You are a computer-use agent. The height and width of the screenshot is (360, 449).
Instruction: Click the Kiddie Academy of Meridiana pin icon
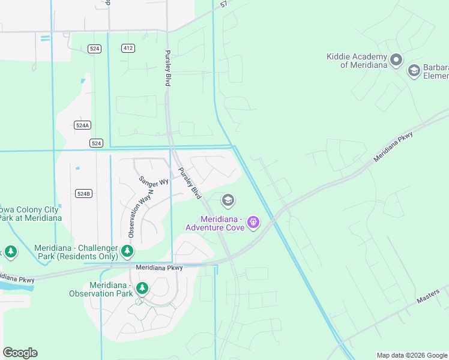point(396,59)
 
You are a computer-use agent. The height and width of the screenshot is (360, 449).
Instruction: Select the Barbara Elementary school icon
point(414,71)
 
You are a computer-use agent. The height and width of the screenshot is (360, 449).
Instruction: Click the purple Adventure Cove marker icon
point(253,223)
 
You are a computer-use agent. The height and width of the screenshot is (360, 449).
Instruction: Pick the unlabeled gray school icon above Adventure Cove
point(228,200)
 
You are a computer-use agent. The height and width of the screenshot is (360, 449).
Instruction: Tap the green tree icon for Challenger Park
point(127,250)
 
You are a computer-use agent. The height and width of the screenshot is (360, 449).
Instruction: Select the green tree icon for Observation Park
point(142,289)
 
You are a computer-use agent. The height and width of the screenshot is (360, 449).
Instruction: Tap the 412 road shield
point(127,49)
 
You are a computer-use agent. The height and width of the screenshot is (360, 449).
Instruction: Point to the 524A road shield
point(83,125)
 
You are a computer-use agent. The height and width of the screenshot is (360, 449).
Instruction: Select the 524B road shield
point(83,193)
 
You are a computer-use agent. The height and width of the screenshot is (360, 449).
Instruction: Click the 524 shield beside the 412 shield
point(94,49)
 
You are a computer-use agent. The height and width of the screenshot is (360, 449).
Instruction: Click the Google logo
point(20,353)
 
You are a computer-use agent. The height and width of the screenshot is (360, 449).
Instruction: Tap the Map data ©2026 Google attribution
point(411,355)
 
